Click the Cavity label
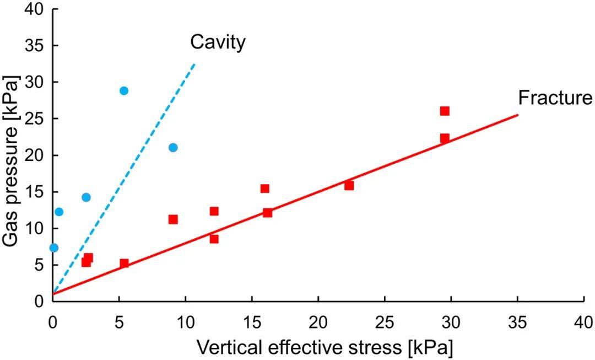(x=218, y=42)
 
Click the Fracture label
(x=555, y=98)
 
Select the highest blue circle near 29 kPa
(x=124, y=90)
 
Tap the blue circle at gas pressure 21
(x=173, y=147)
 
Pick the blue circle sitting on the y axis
(x=53, y=248)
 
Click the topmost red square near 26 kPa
(x=445, y=111)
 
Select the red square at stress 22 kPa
(x=349, y=185)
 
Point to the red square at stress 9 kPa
(x=173, y=219)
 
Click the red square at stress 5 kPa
(x=124, y=263)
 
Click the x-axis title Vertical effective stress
(x=324, y=348)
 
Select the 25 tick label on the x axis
(x=385, y=321)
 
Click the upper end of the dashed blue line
(x=194, y=64)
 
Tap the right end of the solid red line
(x=518, y=115)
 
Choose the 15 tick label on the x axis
(x=252, y=321)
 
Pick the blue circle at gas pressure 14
(x=86, y=197)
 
